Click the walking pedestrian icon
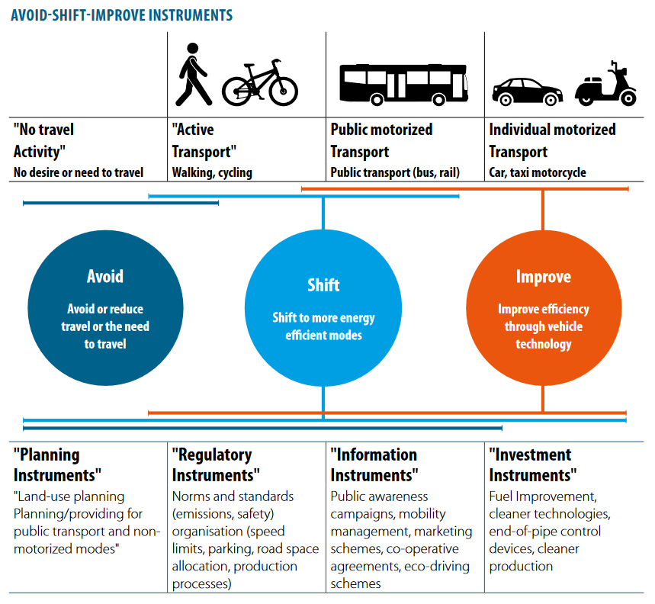coord(194,74)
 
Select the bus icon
coord(403,83)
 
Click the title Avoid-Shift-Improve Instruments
coord(122,15)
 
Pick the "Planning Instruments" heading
coord(58,464)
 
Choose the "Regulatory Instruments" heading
coord(216,464)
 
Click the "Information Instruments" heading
coord(374,464)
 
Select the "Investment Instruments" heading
coord(531,464)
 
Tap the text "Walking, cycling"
coord(212,172)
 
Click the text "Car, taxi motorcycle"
coord(537,172)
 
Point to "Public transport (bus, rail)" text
coord(394,172)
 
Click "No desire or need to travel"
coord(78,172)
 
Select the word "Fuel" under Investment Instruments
coord(502,496)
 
